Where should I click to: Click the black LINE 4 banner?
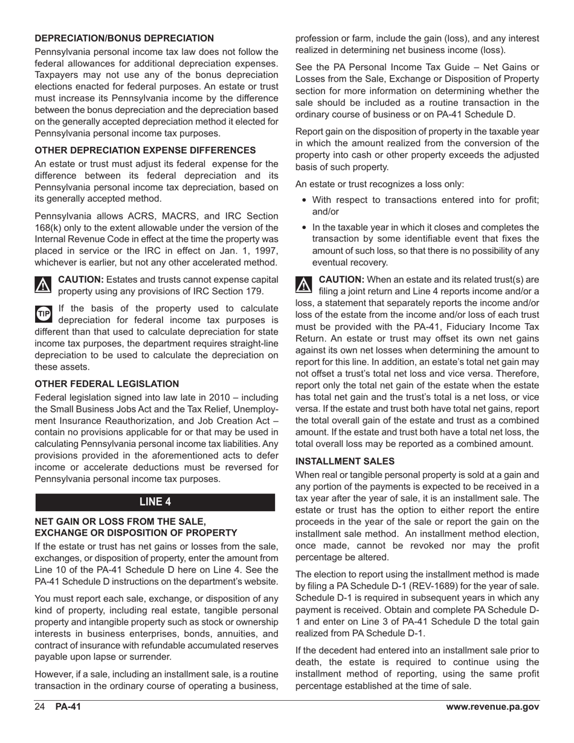pos(155,502)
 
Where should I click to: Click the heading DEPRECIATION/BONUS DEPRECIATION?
pos(124,39)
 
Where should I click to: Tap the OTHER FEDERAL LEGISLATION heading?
pos(107,384)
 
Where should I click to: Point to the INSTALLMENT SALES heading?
pos(344,461)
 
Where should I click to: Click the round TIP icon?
pos(44,314)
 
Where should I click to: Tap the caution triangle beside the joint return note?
pos(304,284)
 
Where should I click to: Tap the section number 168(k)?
pos(50,228)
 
